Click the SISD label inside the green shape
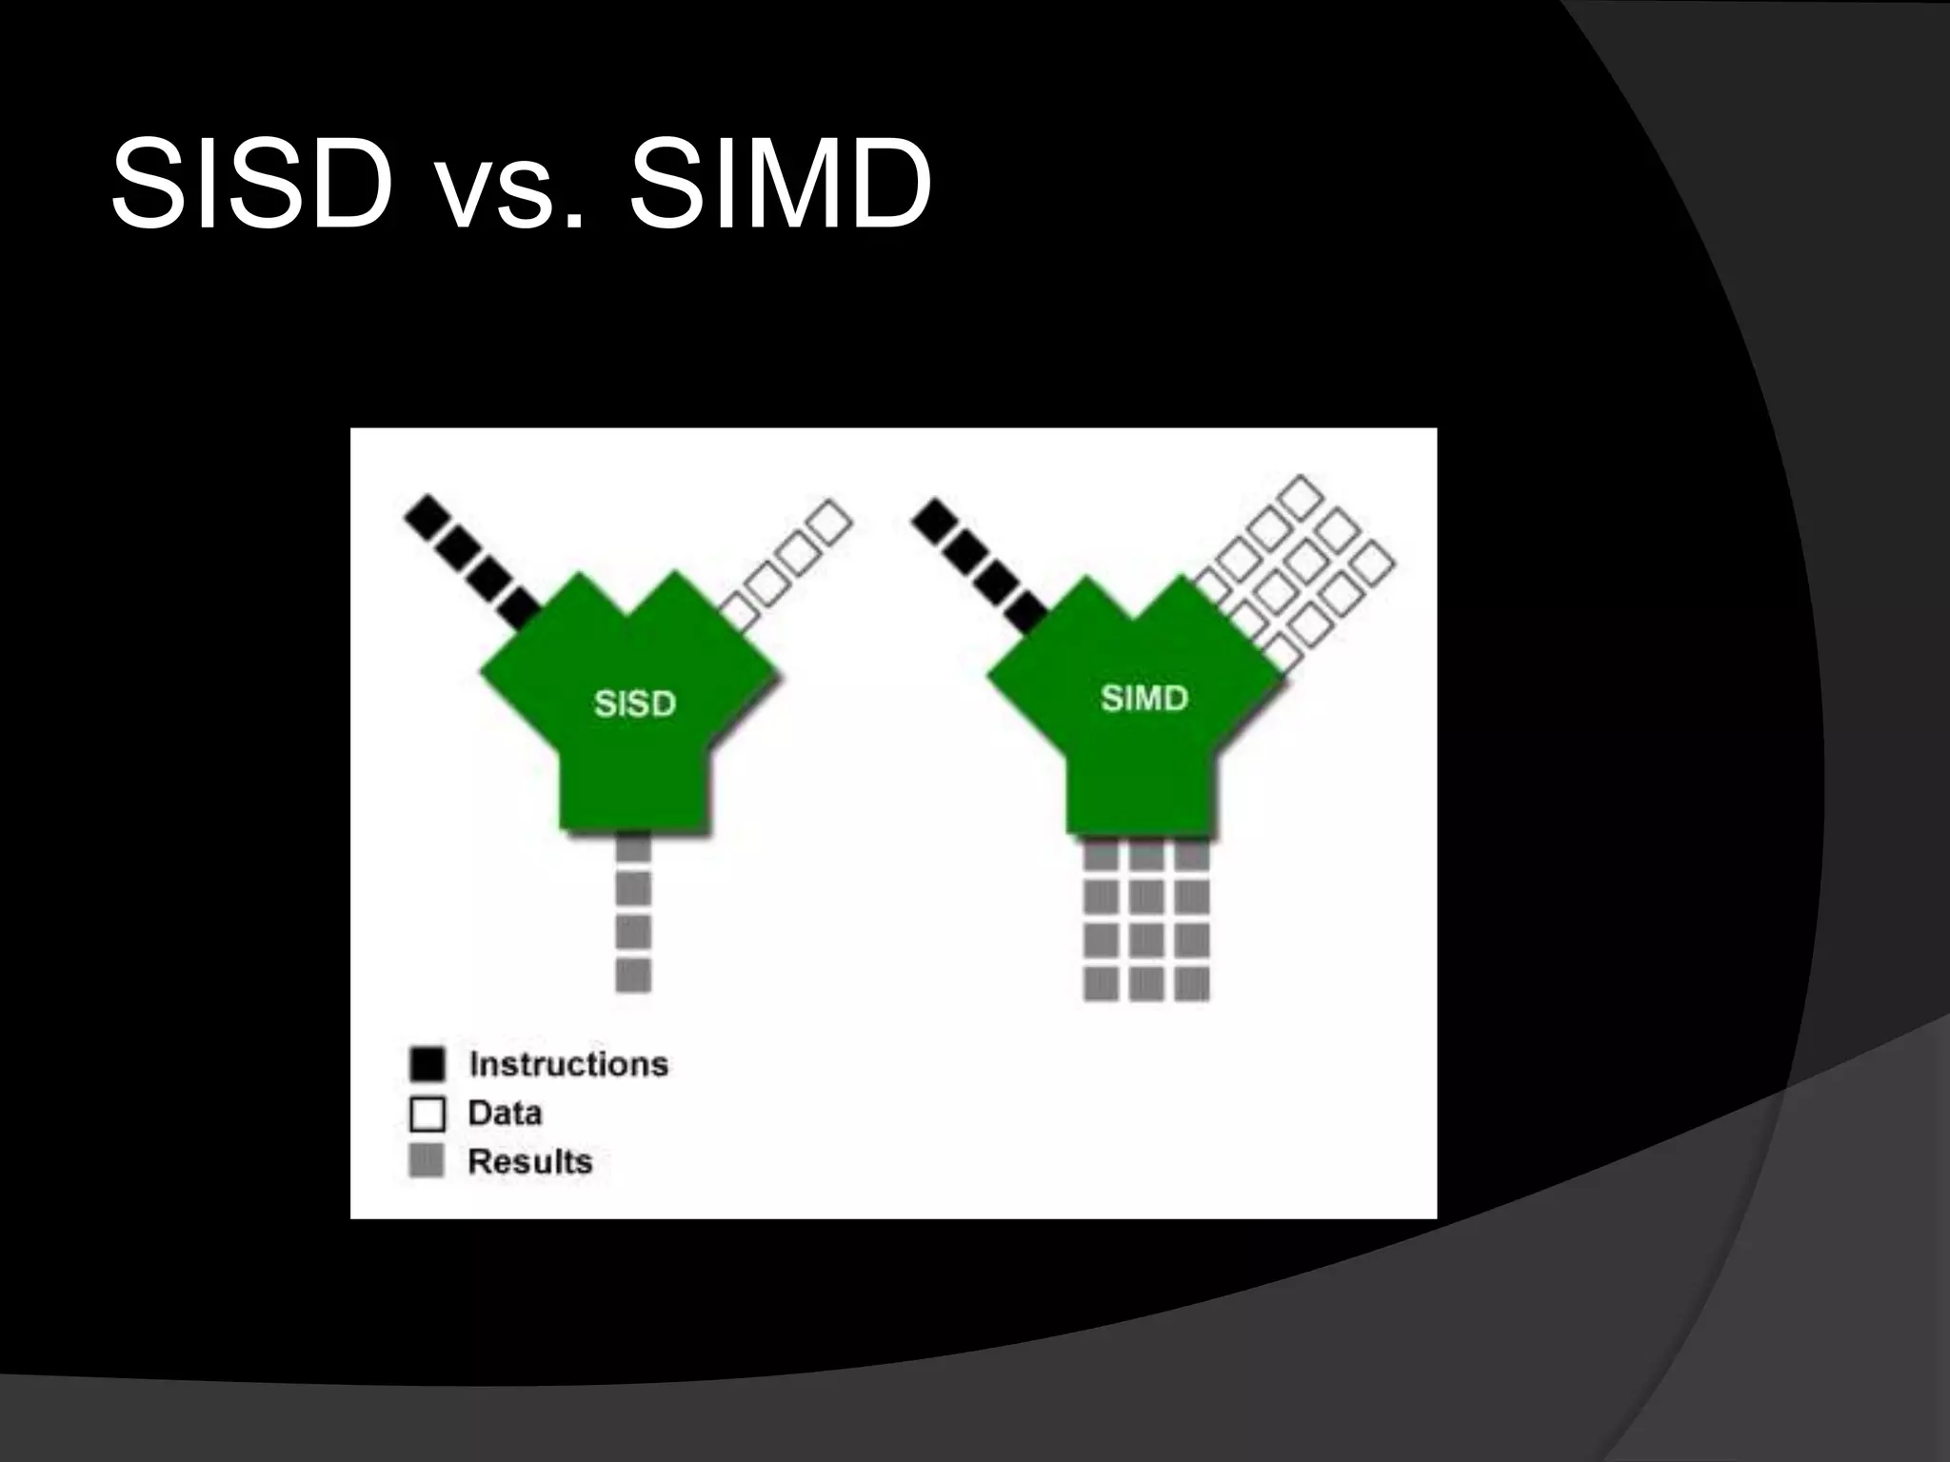(635, 703)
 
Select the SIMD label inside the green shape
(1144, 698)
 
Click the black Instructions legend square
(428, 1063)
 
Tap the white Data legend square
(428, 1113)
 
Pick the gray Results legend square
(427, 1160)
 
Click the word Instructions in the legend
(568, 1063)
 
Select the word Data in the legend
(505, 1113)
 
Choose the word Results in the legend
(530, 1161)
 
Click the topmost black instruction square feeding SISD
(426, 516)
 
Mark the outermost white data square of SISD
(830, 522)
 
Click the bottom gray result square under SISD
(633, 976)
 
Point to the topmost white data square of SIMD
(1301, 496)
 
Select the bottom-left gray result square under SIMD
(1101, 983)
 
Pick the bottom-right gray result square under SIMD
(1192, 983)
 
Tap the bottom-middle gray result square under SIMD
(1146, 983)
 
